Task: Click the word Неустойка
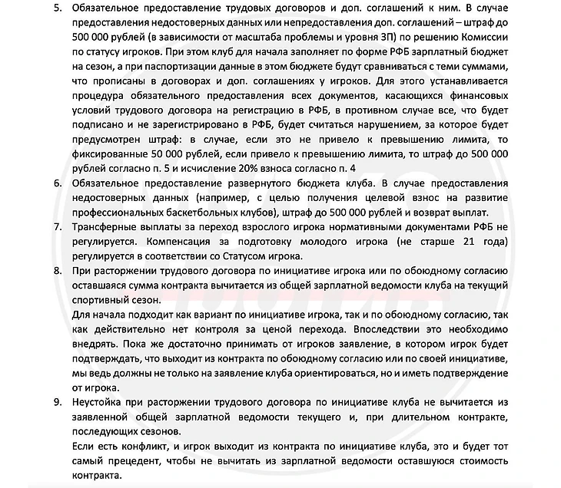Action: point(101,401)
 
